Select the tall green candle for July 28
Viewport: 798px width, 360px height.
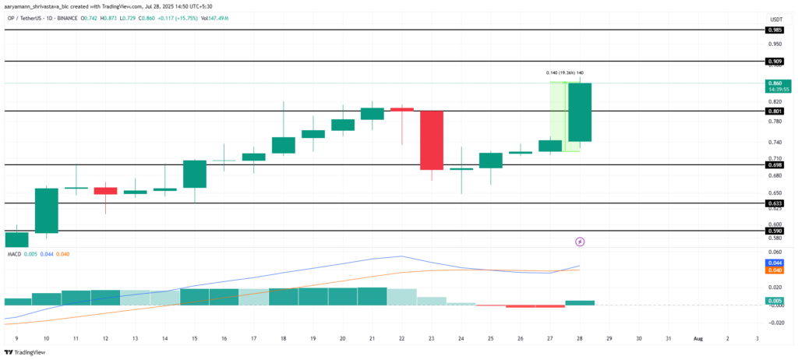click(x=580, y=111)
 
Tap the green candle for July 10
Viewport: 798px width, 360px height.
click(x=47, y=210)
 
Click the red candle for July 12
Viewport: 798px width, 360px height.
click(x=105, y=191)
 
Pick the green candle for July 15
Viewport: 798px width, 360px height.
click(x=195, y=174)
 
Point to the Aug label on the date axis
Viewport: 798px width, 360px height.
click(x=697, y=338)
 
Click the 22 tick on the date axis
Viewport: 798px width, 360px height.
click(x=401, y=338)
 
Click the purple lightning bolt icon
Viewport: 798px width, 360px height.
click(x=579, y=242)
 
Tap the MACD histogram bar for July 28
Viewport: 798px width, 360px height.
click(x=580, y=302)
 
